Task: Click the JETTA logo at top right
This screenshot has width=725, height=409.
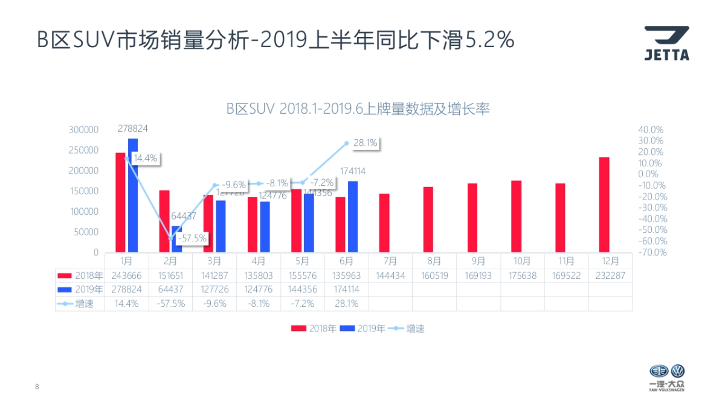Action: click(666, 43)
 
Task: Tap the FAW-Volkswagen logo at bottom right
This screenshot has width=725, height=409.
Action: click(667, 378)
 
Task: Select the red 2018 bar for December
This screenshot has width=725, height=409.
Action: click(604, 204)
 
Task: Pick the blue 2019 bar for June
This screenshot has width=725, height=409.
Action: click(353, 216)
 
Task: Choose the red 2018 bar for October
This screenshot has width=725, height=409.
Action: click(516, 216)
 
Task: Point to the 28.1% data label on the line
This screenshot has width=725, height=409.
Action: click(365, 143)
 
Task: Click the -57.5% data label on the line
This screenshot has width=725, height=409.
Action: click(193, 238)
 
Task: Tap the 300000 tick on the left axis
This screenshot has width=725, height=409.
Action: click(83, 129)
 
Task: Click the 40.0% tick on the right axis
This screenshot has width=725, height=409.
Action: click(651, 129)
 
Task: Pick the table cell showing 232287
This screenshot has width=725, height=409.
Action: click(610, 275)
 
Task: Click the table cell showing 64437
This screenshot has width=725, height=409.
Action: click(170, 289)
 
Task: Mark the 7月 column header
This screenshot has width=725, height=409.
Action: click(390, 261)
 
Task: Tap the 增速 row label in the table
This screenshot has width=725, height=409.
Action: click(84, 304)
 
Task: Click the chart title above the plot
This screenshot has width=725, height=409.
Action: click(358, 109)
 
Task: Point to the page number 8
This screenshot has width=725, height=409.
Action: click(37, 386)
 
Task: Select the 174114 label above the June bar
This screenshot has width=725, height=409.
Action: click(353, 171)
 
